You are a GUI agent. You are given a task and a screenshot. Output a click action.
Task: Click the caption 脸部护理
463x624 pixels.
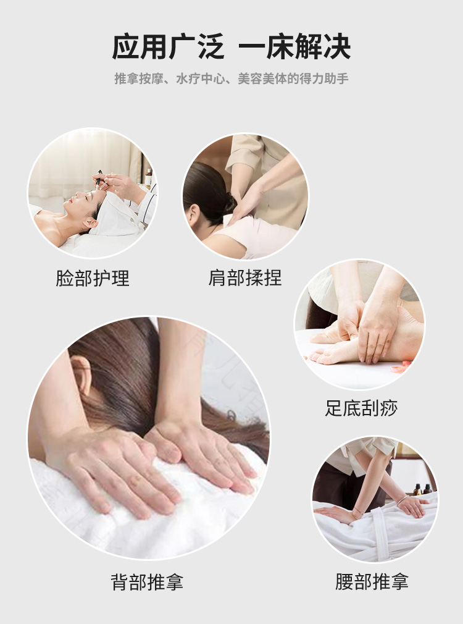[x=93, y=278]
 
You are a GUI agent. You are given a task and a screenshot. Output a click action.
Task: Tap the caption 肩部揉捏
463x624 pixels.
[x=245, y=278]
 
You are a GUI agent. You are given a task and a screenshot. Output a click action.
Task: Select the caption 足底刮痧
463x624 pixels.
[x=361, y=408]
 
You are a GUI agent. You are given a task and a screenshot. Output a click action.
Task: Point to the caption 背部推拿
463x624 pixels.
[x=147, y=582]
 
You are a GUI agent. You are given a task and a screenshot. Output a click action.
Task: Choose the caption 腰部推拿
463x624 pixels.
[x=372, y=581]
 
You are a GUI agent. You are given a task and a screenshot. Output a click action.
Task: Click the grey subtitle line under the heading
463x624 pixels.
[x=231, y=78]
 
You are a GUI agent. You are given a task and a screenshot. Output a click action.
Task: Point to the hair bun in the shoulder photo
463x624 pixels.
[x=229, y=202]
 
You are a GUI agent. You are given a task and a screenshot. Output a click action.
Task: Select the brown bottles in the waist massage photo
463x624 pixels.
[x=421, y=489]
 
